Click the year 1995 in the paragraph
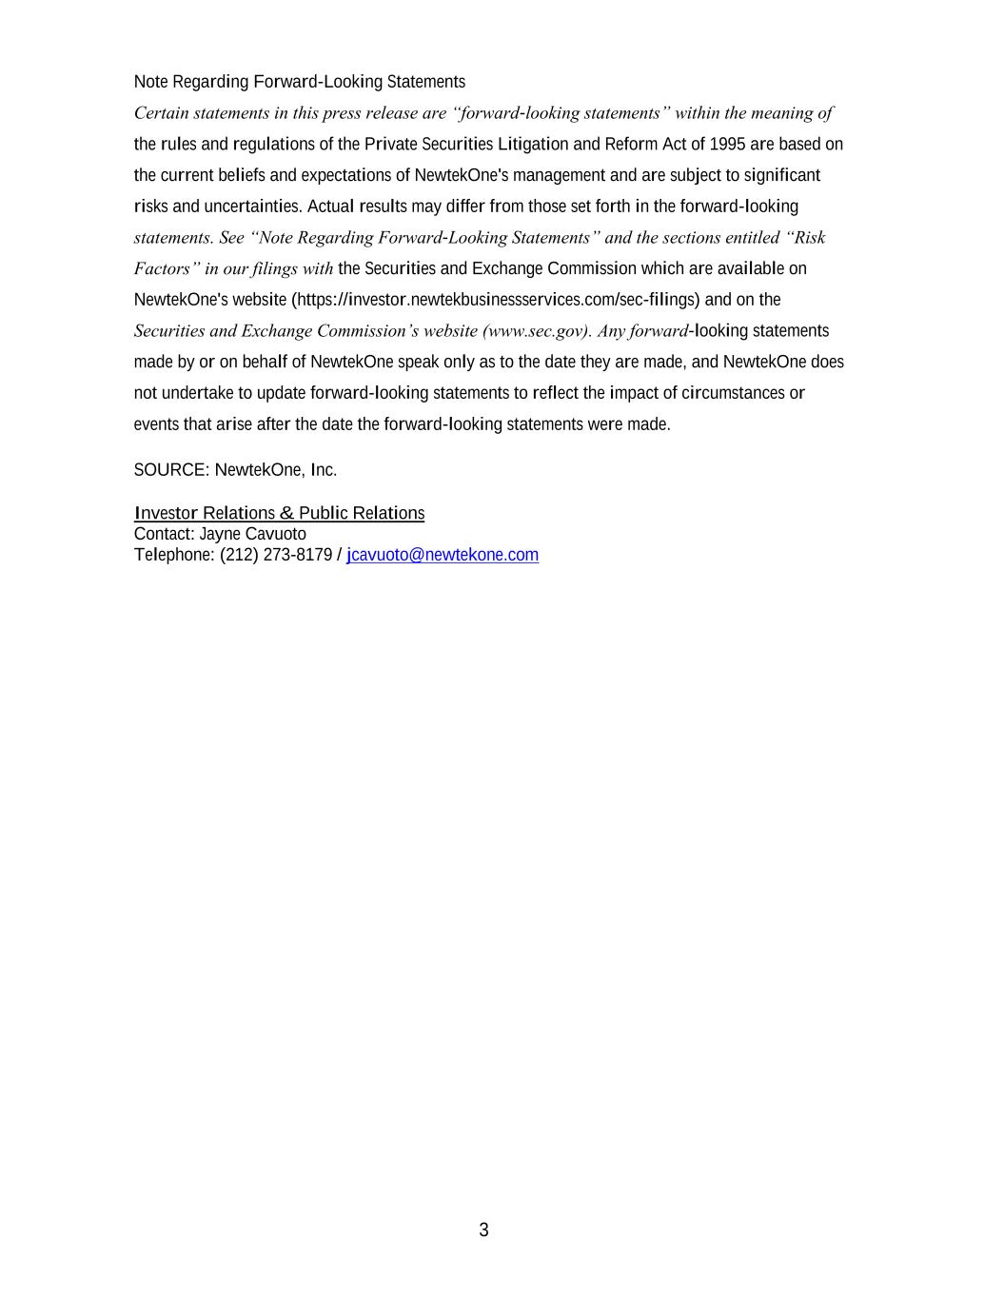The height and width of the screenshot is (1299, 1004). [727, 145]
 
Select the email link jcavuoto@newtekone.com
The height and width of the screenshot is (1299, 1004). [443, 555]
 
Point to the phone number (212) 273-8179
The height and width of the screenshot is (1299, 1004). [276, 555]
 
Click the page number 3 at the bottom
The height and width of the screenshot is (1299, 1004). [483, 1230]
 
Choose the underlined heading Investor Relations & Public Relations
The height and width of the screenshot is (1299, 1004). [279, 514]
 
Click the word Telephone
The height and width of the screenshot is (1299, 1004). [174, 555]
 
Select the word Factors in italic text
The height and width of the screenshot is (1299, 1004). [162, 269]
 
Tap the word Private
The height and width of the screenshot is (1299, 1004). [390, 145]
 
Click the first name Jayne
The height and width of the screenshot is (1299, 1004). [219, 534]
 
